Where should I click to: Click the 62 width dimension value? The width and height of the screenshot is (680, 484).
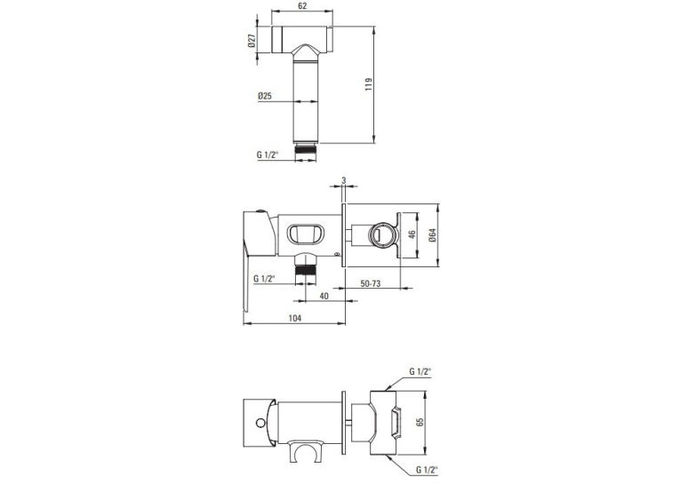(302, 5)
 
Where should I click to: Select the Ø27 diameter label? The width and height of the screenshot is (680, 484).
(252, 40)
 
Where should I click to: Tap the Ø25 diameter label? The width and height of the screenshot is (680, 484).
(265, 96)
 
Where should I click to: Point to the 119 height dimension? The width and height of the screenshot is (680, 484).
(369, 84)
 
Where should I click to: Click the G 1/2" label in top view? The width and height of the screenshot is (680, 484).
(267, 155)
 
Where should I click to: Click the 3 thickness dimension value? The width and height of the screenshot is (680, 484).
(344, 180)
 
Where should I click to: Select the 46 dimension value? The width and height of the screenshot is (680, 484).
(412, 234)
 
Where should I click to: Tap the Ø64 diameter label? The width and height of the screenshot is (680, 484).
(432, 234)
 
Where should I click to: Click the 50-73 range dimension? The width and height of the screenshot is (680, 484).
(371, 283)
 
